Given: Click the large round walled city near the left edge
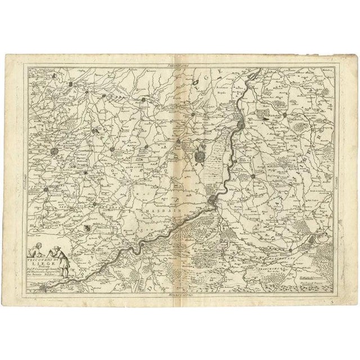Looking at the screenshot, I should point(53,152).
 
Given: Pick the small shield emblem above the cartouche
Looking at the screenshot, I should point(87,227).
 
